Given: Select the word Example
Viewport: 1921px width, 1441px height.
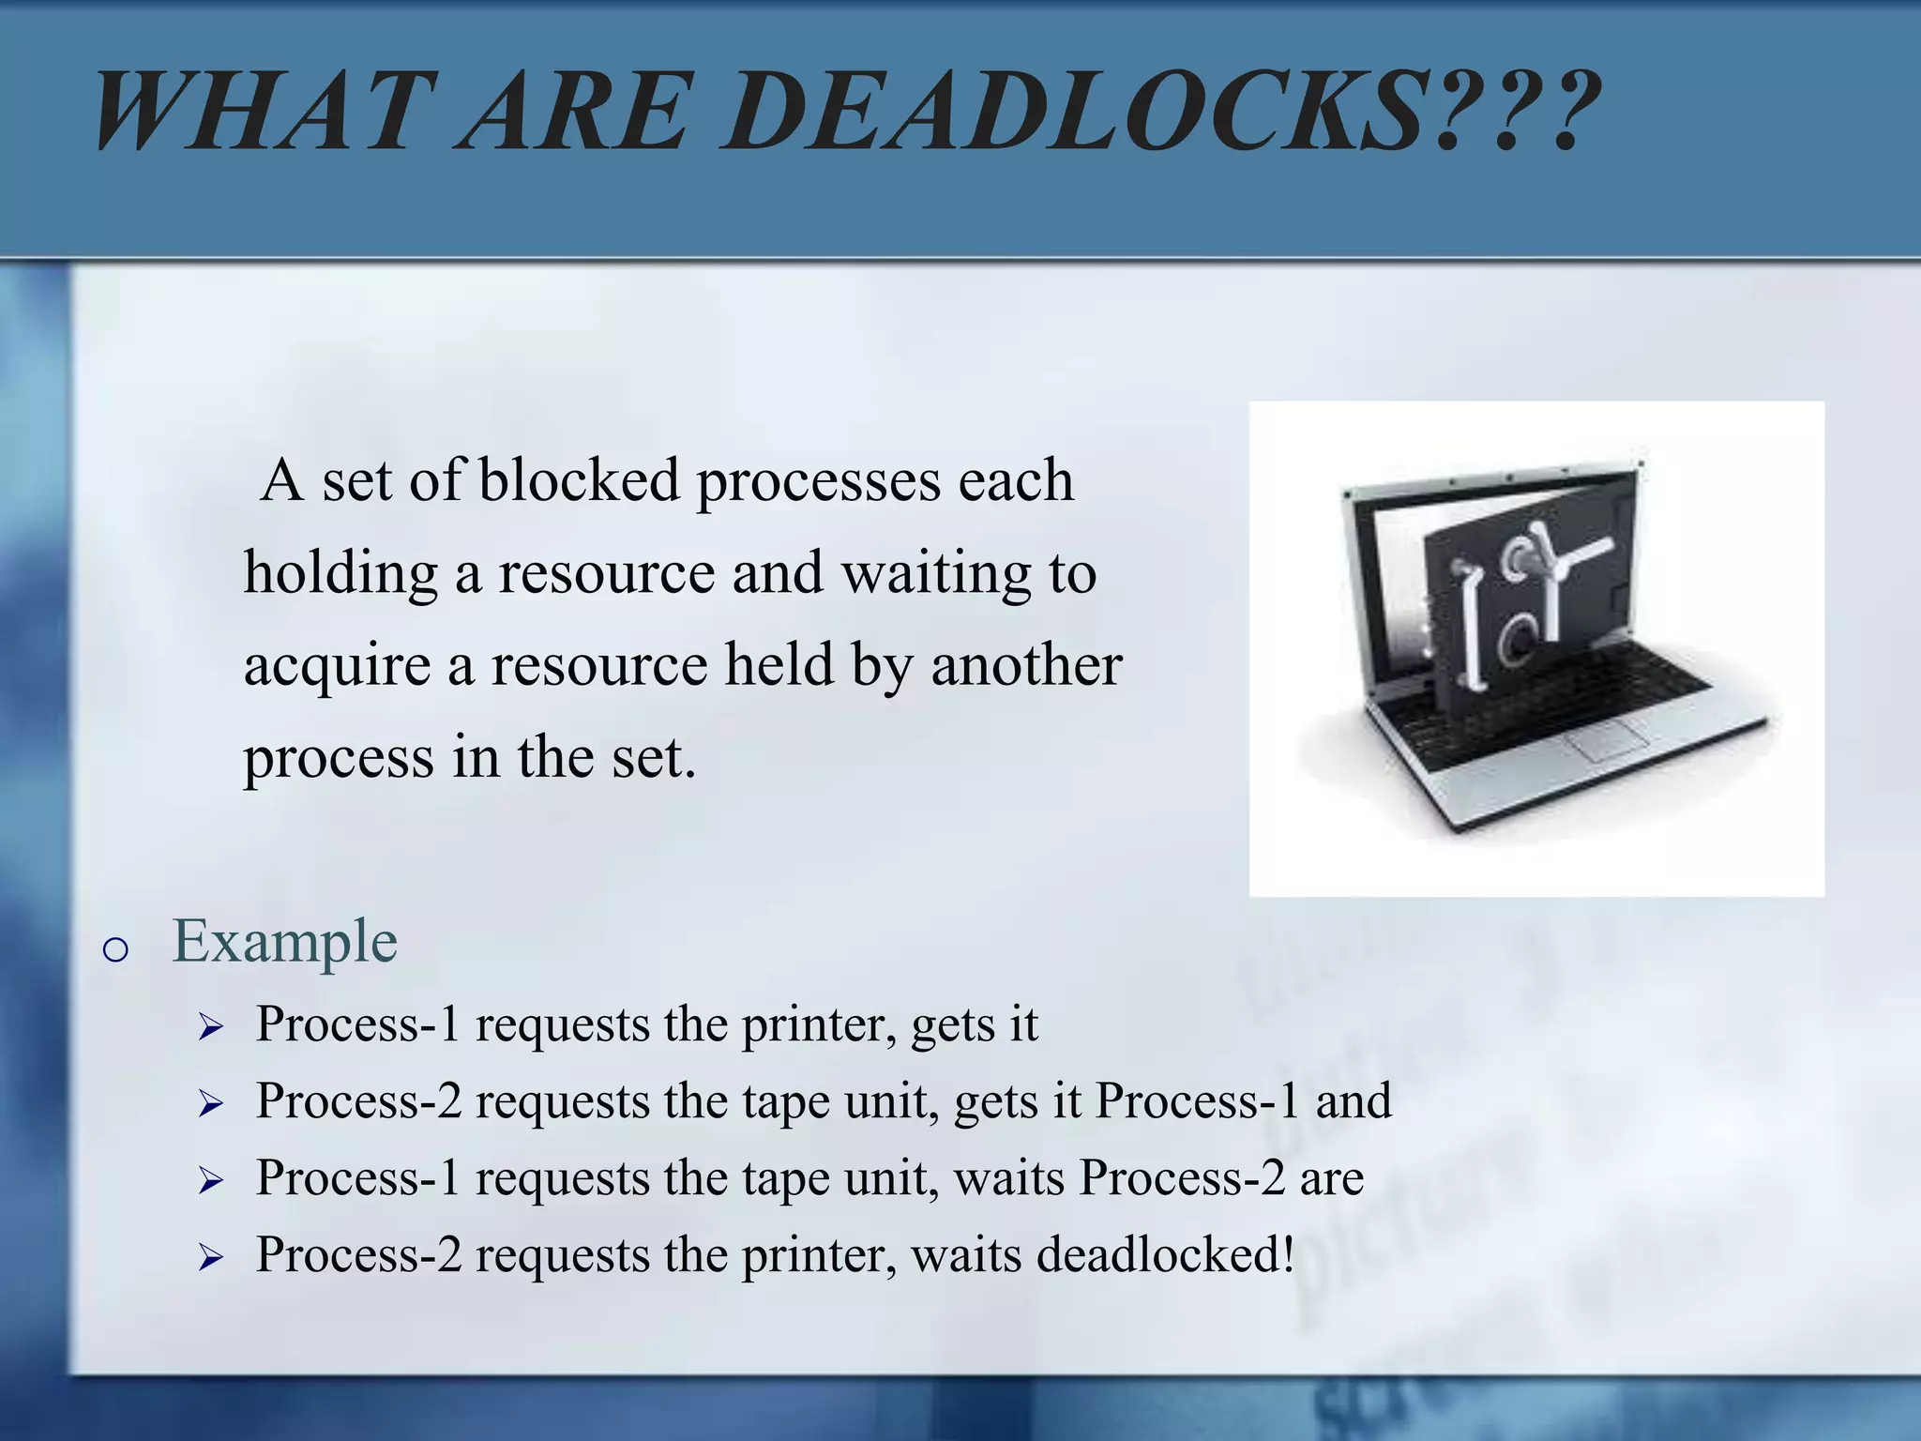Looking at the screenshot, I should click(285, 941).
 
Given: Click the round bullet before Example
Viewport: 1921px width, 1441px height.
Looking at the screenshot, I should click(114, 950).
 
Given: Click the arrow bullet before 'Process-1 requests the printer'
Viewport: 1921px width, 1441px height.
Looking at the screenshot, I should click(210, 1028).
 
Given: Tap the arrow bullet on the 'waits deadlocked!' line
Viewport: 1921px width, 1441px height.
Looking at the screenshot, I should click(210, 1259).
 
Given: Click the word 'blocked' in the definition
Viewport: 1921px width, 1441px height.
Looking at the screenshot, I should click(579, 480).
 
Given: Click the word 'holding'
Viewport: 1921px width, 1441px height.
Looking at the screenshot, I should click(340, 574).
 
